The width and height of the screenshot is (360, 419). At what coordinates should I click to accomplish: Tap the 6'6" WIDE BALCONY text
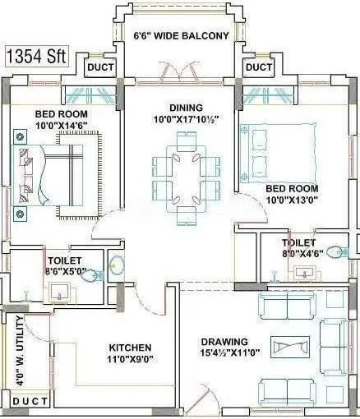pos(181,35)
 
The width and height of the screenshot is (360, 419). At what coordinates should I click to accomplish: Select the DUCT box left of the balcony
pos(100,67)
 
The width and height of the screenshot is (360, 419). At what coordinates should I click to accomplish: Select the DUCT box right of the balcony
pos(259,67)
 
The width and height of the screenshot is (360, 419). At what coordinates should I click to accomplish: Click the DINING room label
pos(180,107)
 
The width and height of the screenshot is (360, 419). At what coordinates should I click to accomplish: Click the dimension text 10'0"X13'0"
pos(292,199)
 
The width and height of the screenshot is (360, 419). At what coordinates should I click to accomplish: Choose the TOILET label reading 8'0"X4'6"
pos(299,255)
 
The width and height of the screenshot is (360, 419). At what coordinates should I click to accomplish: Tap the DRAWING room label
pos(224,342)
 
